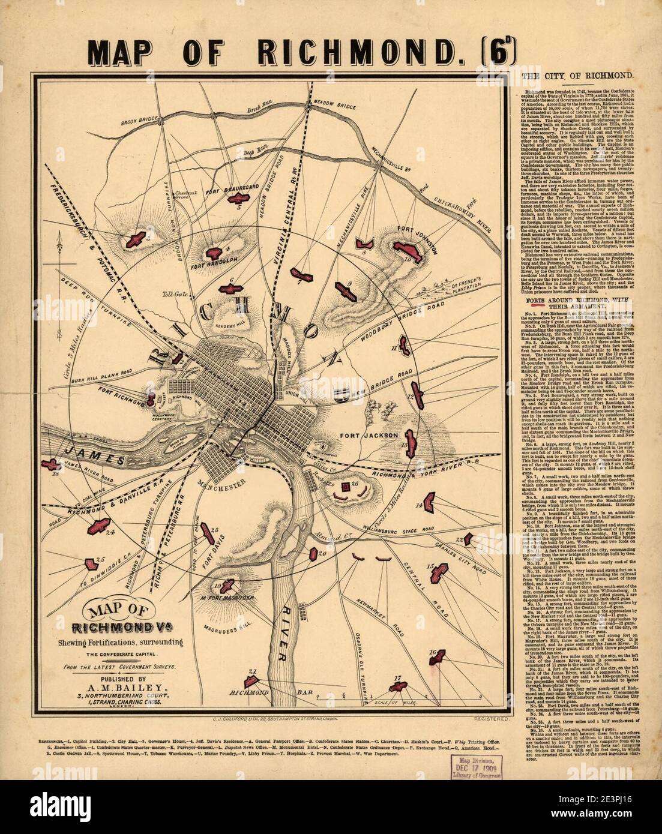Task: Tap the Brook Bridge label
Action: coord(139,122)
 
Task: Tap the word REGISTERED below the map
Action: coord(491,718)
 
